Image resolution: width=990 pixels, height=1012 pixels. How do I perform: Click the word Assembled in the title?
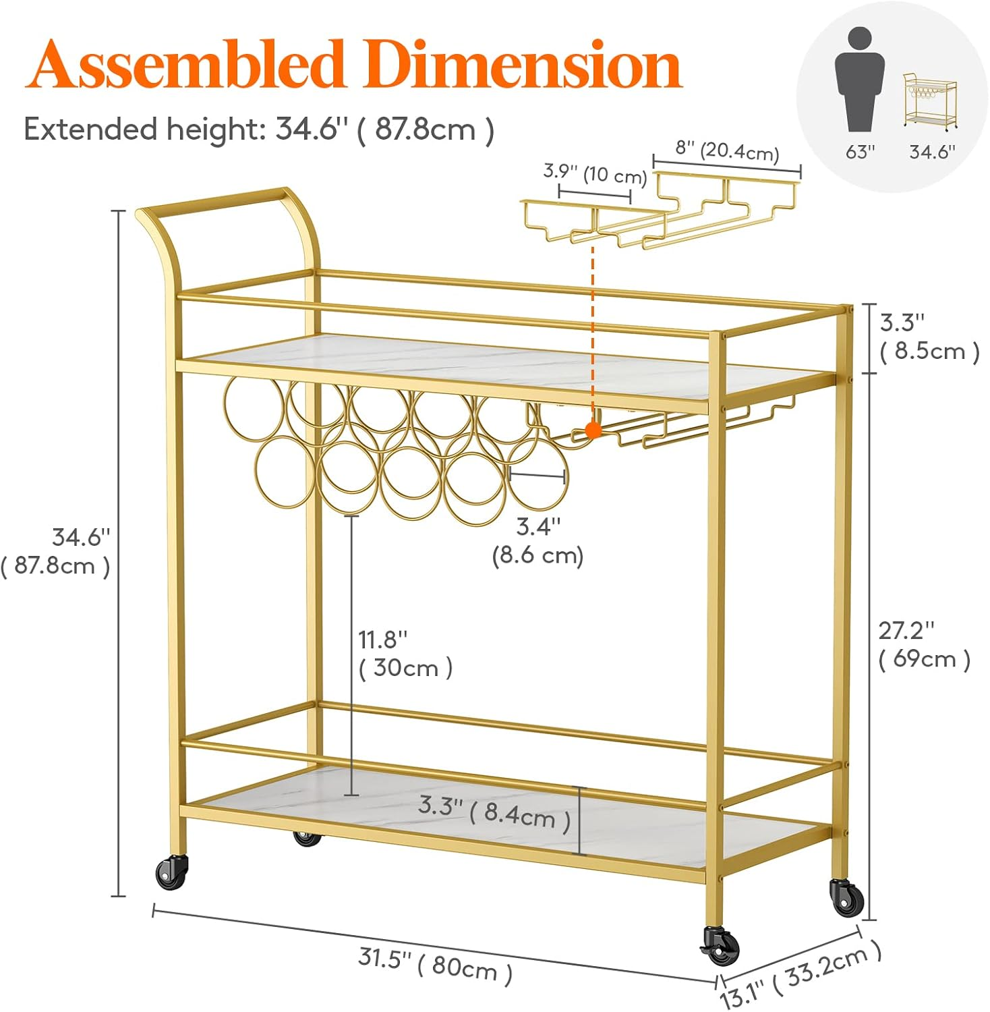click(185, 65)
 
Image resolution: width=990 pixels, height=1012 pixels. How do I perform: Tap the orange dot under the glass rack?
click(593, 430)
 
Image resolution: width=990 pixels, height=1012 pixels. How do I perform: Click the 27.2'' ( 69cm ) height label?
click(924, 644)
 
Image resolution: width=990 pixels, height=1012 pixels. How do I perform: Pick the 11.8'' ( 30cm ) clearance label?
click(405, 653)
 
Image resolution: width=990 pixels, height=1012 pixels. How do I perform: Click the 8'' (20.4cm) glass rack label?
click(727, 151)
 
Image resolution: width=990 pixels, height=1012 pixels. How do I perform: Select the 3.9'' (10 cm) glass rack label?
click(595, 173)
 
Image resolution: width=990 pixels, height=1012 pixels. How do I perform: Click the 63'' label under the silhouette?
click(860, 152)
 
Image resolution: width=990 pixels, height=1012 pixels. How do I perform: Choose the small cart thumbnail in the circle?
click(930, 101)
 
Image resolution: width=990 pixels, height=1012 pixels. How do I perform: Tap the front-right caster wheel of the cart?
click(720, 945)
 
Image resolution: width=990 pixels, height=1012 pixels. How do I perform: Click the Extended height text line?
click(259, 128)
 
